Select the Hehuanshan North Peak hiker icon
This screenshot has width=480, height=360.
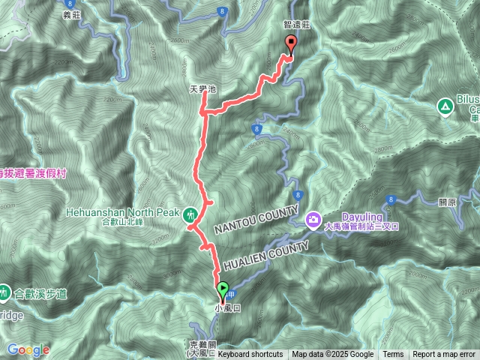coord(191,214)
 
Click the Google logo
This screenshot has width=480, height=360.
coord(28,349)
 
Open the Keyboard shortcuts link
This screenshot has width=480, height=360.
coord(250,355)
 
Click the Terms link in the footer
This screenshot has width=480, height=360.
coord(393,355)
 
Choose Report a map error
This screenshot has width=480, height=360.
coord(444,355)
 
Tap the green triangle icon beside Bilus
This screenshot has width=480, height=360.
coord(445,106)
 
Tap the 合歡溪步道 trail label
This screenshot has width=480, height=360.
coord(37,292)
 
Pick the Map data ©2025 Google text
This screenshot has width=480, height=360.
coord(333,355)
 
